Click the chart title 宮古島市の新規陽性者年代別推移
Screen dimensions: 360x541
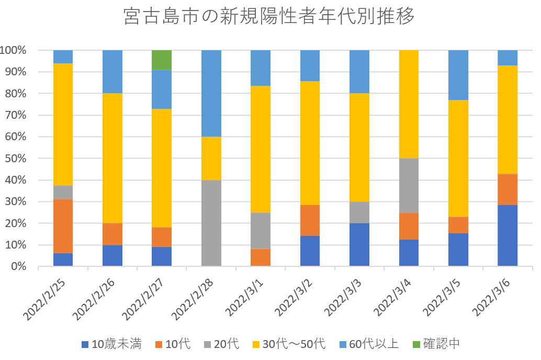(x=270, y=17)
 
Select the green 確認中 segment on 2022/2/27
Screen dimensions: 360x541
(x=162, y=60)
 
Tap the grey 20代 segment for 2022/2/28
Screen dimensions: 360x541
(x=211, y=223)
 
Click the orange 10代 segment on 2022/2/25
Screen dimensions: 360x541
(x=63, y=226)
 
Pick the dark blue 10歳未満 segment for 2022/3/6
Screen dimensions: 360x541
(x=508, y=235)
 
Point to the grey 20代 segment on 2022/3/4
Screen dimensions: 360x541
(x=409, y=185)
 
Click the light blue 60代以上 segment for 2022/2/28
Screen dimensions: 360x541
(x=211, y=93)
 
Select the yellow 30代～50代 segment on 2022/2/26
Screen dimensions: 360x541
(x=112, y=158)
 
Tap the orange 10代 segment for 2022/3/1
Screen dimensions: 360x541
(x=261, y=257)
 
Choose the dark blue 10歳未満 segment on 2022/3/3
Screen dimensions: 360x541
(x=359, y=245)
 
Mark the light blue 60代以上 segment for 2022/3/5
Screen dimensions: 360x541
(x=458, y=75)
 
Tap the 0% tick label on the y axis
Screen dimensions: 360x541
(x=18, y=266)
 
